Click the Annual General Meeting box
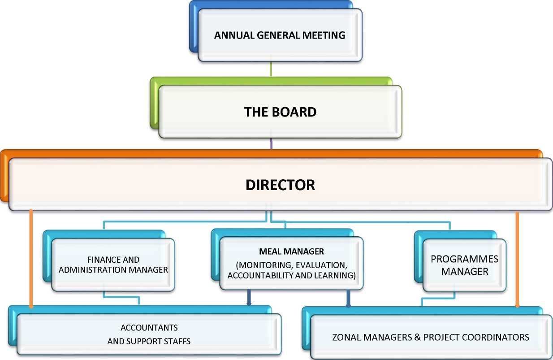(x=280, y=35)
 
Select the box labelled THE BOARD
(x=280, y=112)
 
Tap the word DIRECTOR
(x=280, y=185)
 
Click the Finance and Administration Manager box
(x=113, y=265)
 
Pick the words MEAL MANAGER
(x=291, y=251)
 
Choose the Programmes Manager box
(x=464, y=265)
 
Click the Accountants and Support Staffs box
(x=149, y=334)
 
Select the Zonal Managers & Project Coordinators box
(x=430, y=337)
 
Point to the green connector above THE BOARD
(x=271, y=69)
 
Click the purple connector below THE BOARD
(x=271, y=143)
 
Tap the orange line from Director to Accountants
(x=30, y=258)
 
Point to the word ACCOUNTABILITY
(x=259, y=276)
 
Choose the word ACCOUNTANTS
(x=149, y=328)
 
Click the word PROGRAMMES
(x=464, y=260)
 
